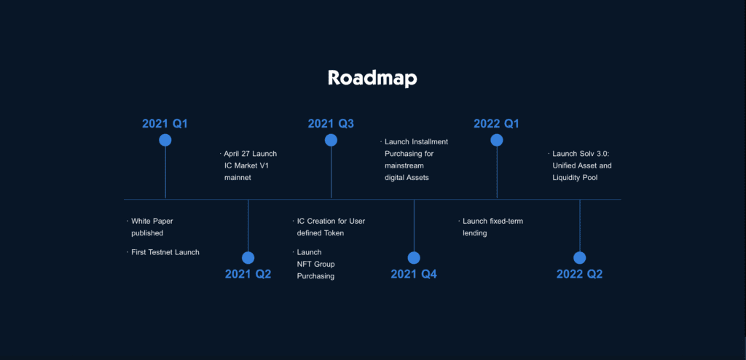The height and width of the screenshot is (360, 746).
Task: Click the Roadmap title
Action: [372, 78]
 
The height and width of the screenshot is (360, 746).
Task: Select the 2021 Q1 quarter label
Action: [165, 124]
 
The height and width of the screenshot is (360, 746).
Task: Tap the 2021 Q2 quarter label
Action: [248, 274]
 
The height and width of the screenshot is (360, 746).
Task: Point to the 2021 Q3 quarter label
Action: [331, 124]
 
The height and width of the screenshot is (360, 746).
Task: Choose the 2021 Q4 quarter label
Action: [414, 274]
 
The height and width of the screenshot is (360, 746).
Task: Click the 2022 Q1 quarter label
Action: [496, 124]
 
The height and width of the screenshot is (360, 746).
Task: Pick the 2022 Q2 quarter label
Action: [579, 274]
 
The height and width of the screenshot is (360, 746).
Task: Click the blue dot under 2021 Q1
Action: [165, 140]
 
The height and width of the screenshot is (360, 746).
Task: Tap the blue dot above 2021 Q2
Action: [248, 258]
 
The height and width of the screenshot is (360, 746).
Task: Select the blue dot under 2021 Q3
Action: [331, 140]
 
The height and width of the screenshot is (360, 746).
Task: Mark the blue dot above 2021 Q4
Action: [414, 258]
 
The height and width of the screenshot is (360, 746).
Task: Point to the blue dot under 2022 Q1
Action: [497, 140]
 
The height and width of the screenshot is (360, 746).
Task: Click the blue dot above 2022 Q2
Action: [579, 258]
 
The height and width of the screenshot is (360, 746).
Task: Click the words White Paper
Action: [152, 222]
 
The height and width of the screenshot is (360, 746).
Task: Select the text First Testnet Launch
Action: [165, 252]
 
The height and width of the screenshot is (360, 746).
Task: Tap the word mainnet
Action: [237, 178]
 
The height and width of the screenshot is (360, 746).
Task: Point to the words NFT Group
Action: [316, 265]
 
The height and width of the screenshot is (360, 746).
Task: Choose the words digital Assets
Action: [407, 178]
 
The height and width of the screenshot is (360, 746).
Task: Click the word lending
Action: [475, 233]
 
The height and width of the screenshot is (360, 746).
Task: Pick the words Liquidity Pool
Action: [575, 178]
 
